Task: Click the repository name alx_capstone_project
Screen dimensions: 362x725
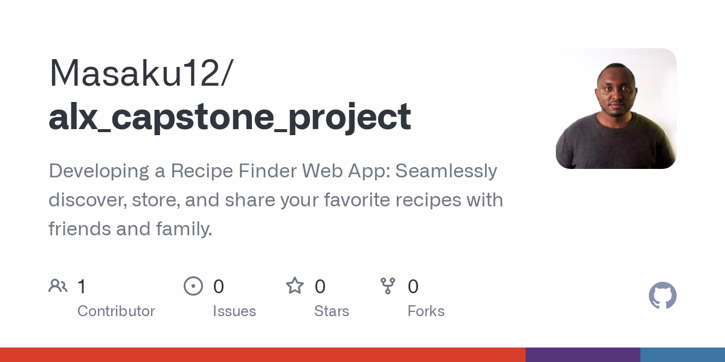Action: (230, 116)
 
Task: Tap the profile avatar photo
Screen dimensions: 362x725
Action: (616, 109)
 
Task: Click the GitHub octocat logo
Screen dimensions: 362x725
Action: (662, 296)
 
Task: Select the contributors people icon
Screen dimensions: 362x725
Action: (58, 286)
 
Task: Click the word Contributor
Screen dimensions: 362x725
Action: (116, 311)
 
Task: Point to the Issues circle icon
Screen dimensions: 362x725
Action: (193, 286)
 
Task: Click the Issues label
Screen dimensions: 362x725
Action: (234, 311)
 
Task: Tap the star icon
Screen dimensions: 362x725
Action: (295, 286)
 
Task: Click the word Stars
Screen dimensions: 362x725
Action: (332, 311)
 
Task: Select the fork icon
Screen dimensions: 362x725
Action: (388, 286)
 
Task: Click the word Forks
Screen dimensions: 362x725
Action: (426, 311)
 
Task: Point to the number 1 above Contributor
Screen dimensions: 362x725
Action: (82, 287)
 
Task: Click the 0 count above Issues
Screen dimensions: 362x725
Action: (219, 287)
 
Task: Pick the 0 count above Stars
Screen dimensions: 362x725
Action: (320, 287)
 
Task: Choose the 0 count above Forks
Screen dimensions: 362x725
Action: (413, 287)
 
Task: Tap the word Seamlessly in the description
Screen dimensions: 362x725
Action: (447, 171)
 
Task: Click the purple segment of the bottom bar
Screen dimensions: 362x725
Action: (582, 355)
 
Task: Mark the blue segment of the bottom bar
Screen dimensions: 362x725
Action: (683, 355)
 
